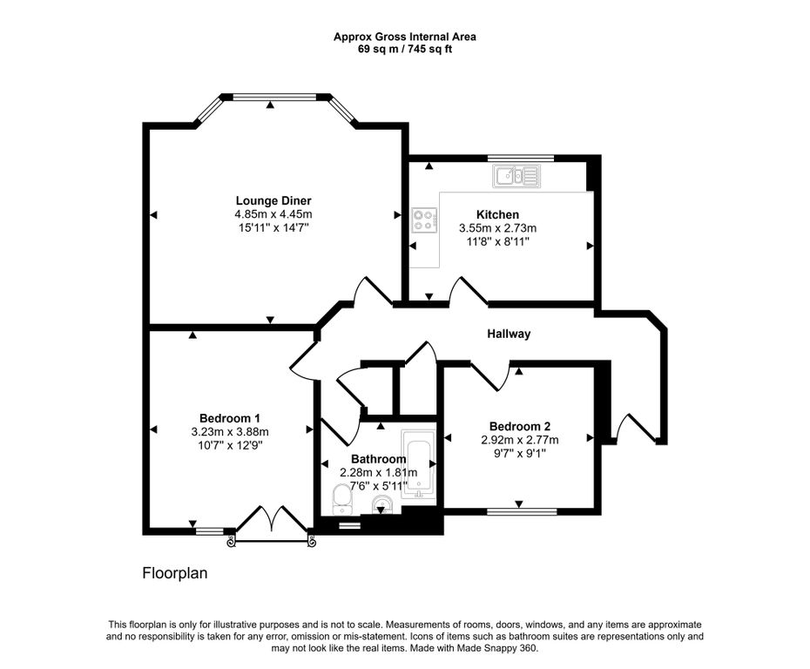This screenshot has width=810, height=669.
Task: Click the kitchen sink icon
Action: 517,178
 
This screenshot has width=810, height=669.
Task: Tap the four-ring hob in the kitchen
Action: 424,220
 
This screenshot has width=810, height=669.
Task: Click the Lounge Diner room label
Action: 273,200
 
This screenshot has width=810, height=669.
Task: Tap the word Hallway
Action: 509,334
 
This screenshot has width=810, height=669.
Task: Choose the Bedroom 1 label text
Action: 230,417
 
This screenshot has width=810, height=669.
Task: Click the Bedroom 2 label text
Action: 520,426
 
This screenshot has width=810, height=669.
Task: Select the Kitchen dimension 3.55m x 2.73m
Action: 497,228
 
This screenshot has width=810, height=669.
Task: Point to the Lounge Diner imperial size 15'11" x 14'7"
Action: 273,226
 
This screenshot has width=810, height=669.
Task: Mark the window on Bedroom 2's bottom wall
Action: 519,512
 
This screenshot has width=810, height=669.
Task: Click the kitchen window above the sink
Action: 521,158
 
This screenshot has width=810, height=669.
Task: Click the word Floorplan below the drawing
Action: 174,574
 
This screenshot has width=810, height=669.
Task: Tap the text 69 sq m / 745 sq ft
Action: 405,49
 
